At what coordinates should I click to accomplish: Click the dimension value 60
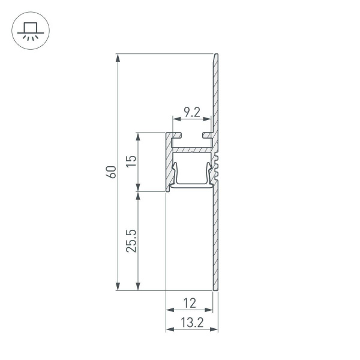click(110, 172)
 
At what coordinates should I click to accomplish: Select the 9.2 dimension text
click(191, 112)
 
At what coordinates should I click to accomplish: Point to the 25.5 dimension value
click(131, 241)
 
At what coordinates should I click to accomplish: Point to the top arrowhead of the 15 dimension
click(139, 136)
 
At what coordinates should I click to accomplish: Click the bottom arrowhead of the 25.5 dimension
click(139, 287)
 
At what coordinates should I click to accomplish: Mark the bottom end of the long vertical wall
click(215, 289)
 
